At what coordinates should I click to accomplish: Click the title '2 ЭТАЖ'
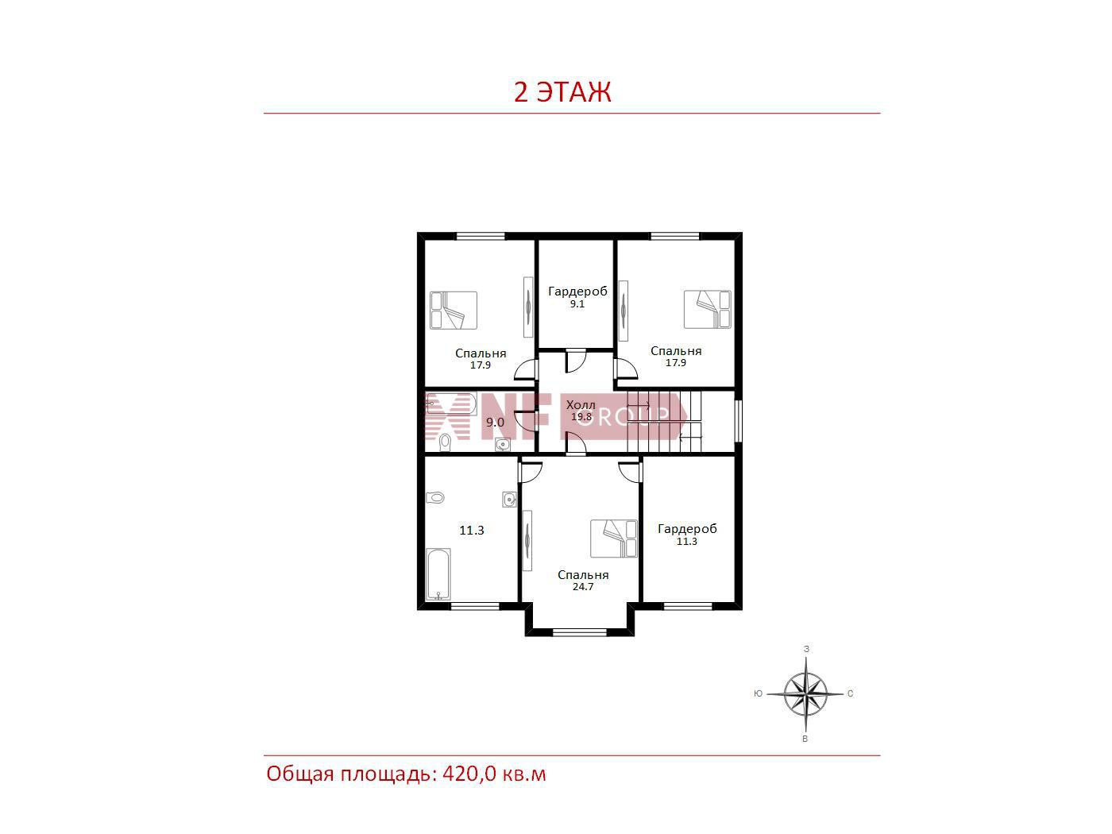[562, 92]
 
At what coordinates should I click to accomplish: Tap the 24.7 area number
[582, 587]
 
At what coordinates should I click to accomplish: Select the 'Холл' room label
[581, 405]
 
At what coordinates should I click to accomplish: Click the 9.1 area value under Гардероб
[577, 304]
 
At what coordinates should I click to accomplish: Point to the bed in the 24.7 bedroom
[613, 539]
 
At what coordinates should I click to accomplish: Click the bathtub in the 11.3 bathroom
[438, 574]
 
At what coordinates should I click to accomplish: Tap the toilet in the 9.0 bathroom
[445, 442]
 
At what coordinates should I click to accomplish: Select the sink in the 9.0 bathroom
[503, 444]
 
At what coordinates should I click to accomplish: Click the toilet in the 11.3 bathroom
[434, 498]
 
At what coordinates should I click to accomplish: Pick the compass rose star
[805, 693]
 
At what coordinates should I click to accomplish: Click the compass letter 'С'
[850, 693]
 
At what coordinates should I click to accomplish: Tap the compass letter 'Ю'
[758, 693]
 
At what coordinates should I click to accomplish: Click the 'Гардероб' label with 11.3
[687, 529]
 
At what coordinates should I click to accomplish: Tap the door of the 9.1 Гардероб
[576, 361]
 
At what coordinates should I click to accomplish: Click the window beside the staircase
[738, 421]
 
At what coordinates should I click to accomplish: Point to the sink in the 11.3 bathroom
[509, 499]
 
